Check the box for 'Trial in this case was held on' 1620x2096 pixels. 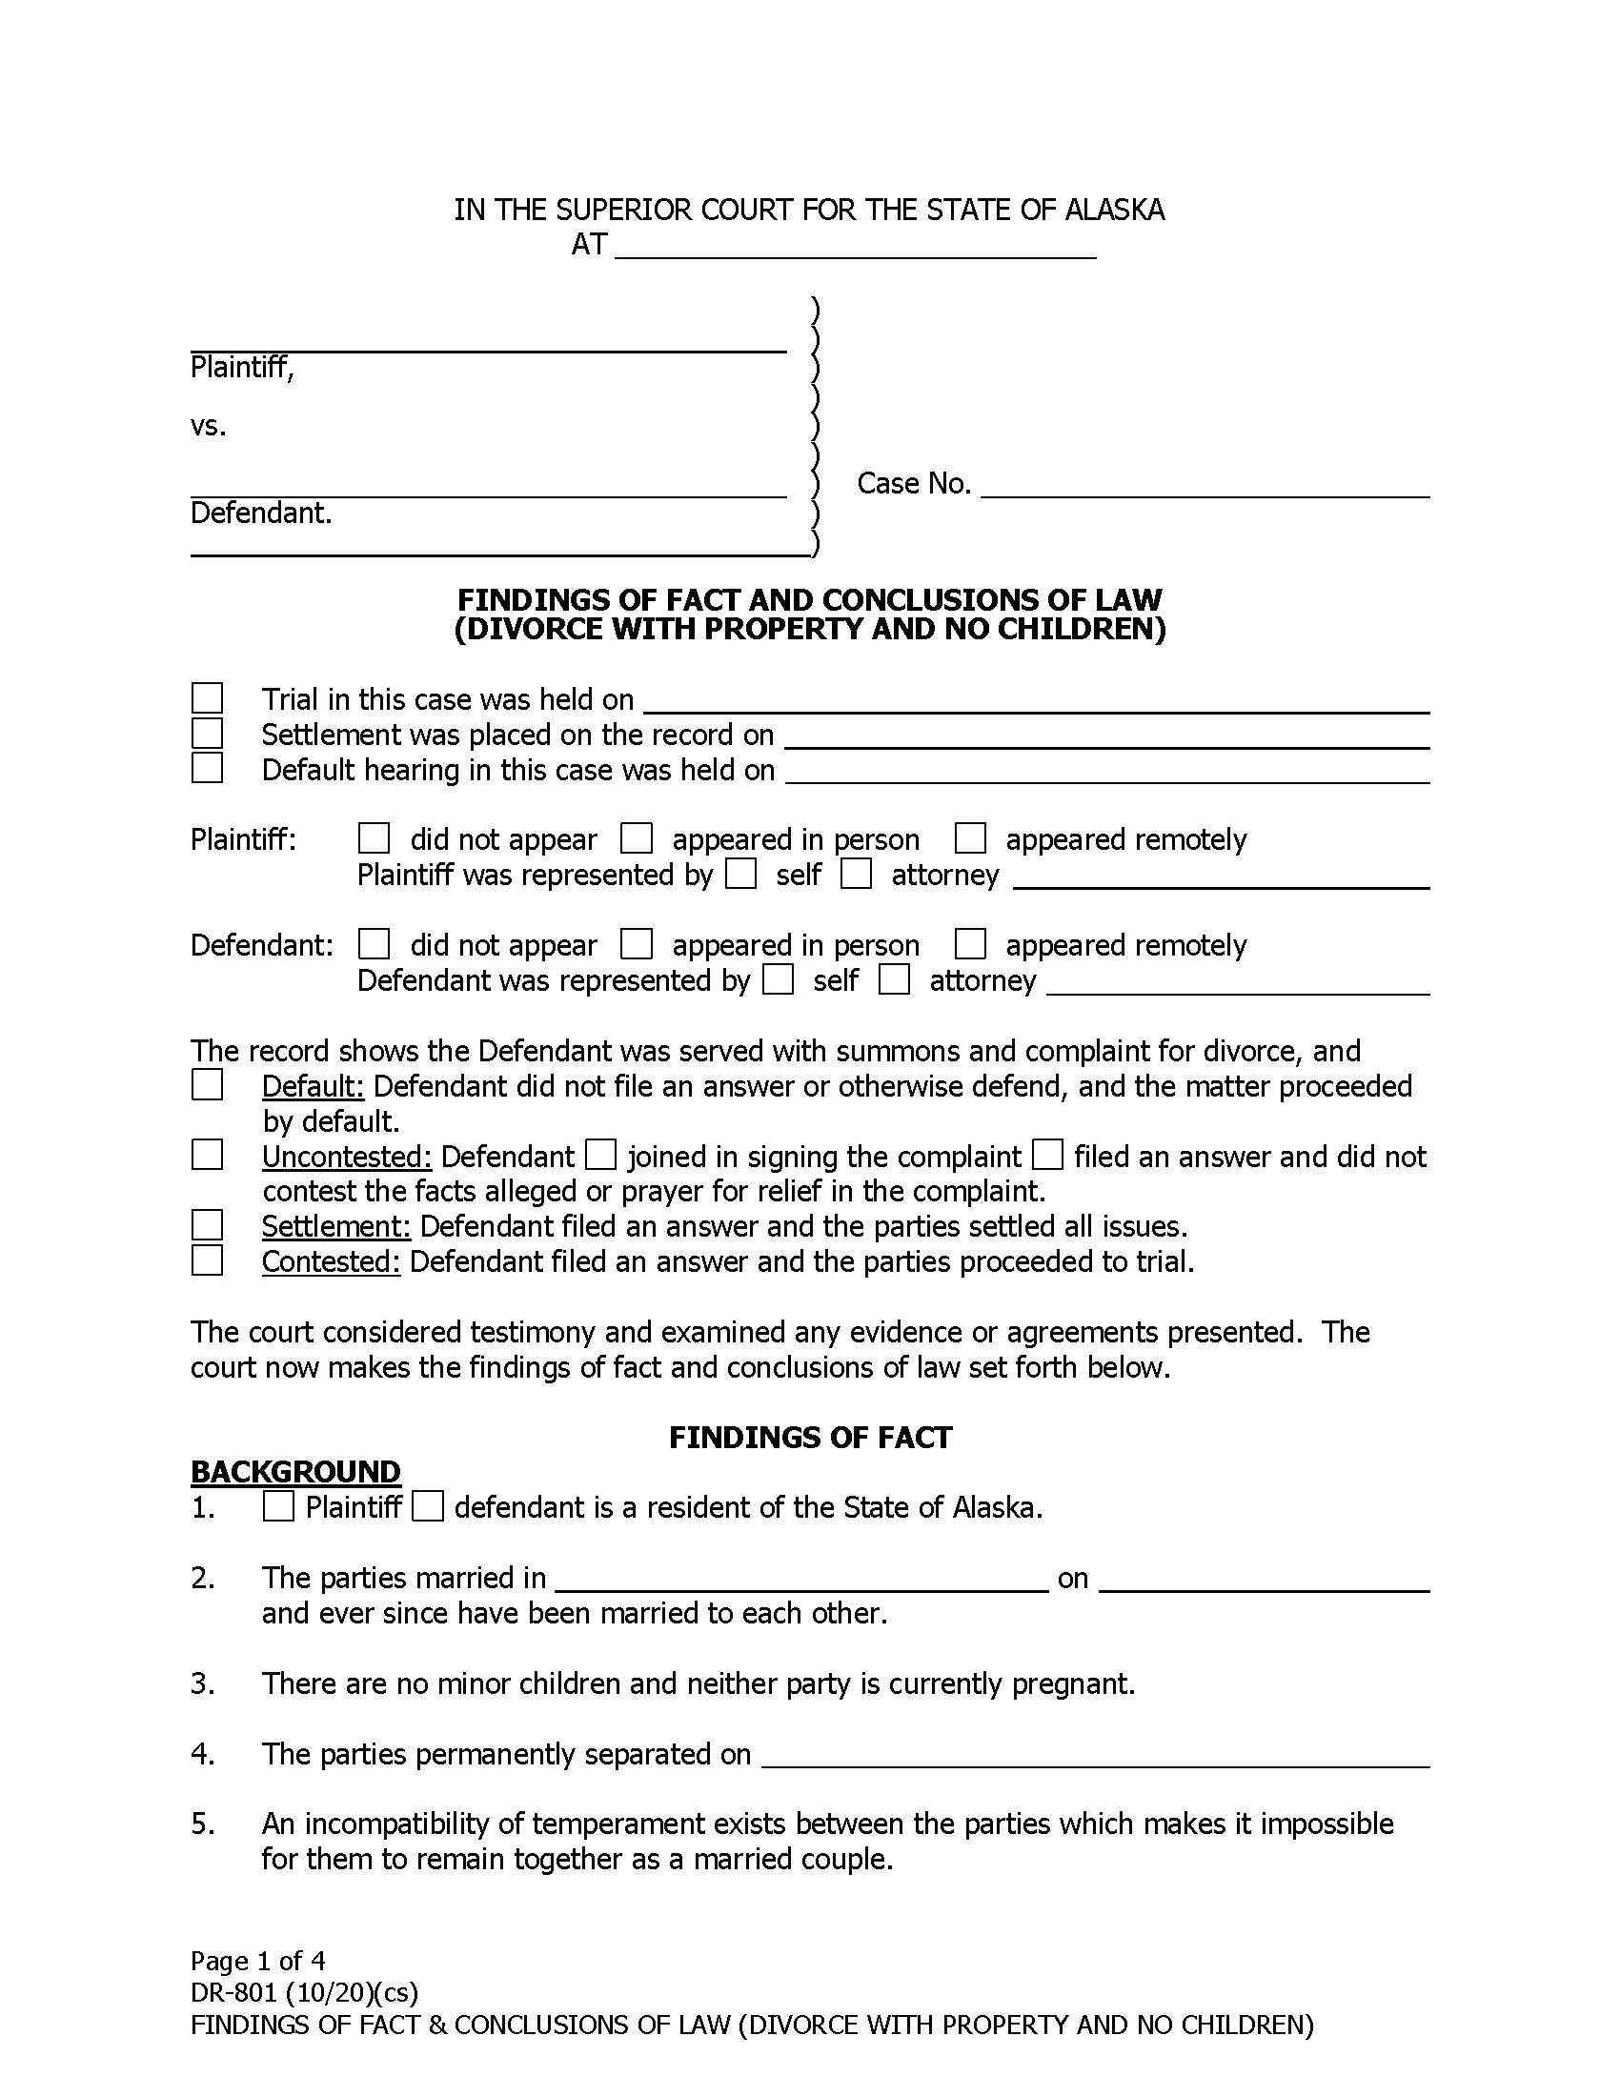(208, 697)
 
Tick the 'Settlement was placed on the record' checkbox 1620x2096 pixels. (208, 734)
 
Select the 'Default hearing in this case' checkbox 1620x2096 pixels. (208, 768)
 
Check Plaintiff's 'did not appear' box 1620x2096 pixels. (374, 838)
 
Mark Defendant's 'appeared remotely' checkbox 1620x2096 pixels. (970, 944)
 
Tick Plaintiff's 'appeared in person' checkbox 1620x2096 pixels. (637, 838)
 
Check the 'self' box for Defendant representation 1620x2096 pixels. (779, 979)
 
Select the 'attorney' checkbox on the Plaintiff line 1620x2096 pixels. (856, 875)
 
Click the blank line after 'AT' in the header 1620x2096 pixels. (854, 248)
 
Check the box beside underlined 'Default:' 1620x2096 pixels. (208, 1085)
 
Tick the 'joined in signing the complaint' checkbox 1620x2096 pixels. (600, 1156)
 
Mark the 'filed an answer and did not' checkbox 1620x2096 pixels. (1047, 1156)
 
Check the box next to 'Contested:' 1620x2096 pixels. (208, 1260)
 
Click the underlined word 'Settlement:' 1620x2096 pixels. (335, 1226)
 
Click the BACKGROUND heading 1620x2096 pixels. (295, 1472)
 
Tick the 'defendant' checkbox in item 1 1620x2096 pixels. (428, 1507)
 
